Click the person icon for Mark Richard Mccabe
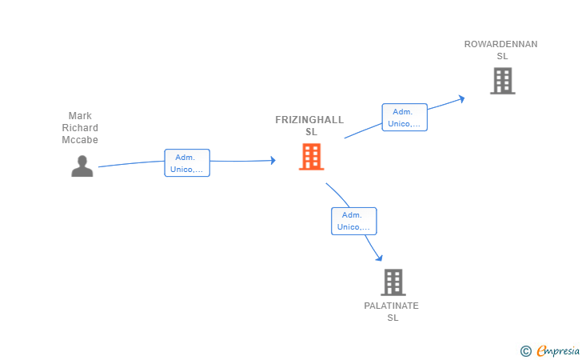(82, 166)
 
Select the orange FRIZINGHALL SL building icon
(311, 157)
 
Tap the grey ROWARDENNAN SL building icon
(502, 81)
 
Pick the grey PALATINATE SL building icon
(393, 282)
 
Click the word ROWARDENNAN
(501, 45)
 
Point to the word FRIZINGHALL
(309, 120)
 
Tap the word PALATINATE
(392, 306)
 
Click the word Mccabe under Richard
(80, 140)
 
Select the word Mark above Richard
(80, 116)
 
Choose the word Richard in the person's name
(80, 128)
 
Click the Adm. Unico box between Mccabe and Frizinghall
(187, 163)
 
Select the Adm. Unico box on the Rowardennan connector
(405, 118)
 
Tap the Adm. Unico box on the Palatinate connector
(354, 221)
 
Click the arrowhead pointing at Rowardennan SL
(460, 98)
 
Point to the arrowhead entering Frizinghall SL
(272, 160)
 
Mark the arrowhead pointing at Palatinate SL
(379, 258)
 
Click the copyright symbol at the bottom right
(525, 350)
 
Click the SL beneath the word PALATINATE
(393, 318)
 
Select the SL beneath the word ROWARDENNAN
(502, 57)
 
